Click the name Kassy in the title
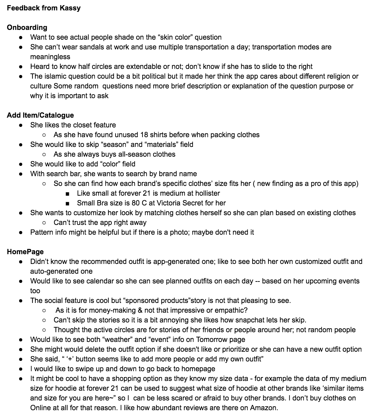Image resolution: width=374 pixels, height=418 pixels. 70,8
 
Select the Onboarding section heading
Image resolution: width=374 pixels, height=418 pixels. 27,27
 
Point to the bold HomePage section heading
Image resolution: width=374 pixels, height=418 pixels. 25,252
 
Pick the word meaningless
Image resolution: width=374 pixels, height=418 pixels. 50,57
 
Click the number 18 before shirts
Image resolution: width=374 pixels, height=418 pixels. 144,135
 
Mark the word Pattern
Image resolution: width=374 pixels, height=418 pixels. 41,232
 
